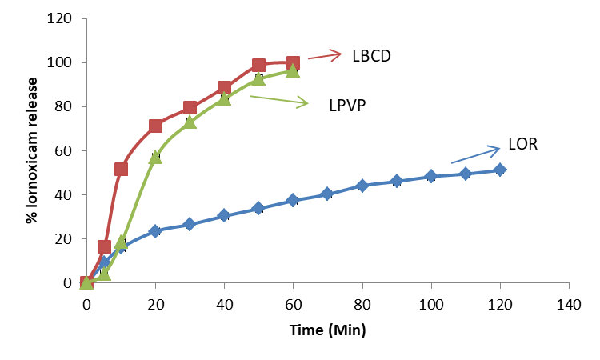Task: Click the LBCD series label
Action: [x=371, y=56]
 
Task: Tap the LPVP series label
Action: [x=347, y=105]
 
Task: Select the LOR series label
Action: [x=522, y=146]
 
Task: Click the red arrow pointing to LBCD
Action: [x=325, y=55]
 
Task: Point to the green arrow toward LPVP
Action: [x=278, y=100]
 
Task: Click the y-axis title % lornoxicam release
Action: [x=32, y=150]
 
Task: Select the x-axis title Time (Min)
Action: [x=327, y=328]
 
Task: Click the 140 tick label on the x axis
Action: [x=568, y=305]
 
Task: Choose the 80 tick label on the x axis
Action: [x=362, y=305]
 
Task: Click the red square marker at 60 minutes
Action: [x=293, y=63]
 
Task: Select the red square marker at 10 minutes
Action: [x=121, y=169]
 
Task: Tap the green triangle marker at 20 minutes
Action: [x=155, y=158]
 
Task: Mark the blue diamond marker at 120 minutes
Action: [x=500, y=170]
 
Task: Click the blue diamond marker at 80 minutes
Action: [x=362, y=186]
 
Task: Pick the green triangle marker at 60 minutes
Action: [x=293, y=71]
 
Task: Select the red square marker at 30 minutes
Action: [x=190, y=107]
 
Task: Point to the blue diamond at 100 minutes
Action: [x=430, y=176]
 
